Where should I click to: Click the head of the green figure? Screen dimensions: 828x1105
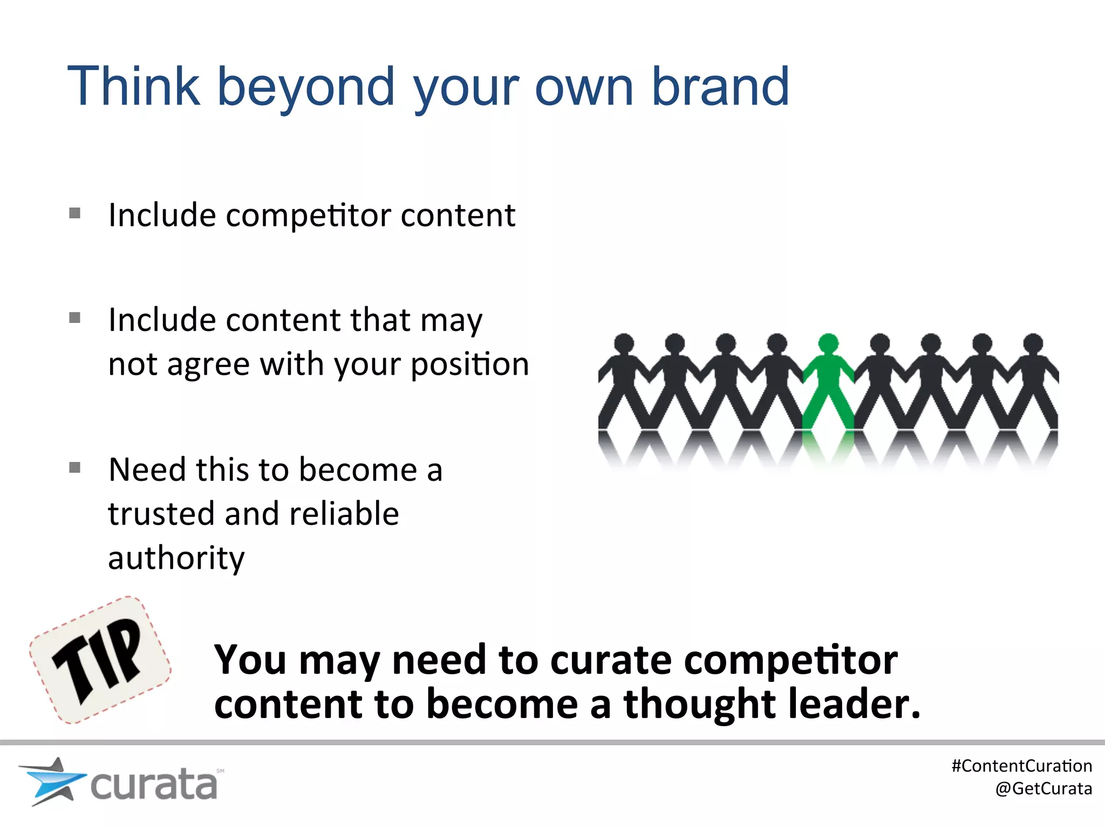pyautogui.click(x=828, y=343)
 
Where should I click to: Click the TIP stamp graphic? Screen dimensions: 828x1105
pyautogui.click(x=100, y=660)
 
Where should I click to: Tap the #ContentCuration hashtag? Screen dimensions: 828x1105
pyautogui.click(x=1021, y=766)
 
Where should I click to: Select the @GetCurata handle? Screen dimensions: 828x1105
pyautogui.click(x=1043, y=789)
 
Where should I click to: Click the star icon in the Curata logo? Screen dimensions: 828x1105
pyautogui.click(x=51, y=782)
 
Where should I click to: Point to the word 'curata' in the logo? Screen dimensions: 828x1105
pyautogui.click(x=154, y=785)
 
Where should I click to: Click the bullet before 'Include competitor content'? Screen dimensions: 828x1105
pyautogui.click(x=75, y=213)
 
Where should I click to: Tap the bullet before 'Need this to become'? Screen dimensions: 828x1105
pyautogui.click(x=75, y=467)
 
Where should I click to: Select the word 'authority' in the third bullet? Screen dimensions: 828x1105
pyautogui.click(x=176, y=558)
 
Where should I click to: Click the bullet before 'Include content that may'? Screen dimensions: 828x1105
pyautogui.click(x=75, y=318)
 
